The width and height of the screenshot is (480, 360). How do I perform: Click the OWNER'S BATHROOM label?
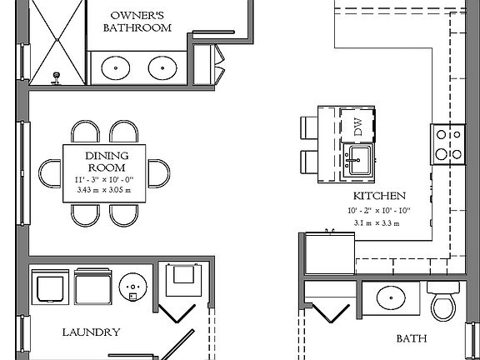pos(137,21)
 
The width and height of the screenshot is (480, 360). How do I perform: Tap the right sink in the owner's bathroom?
pos(159,66)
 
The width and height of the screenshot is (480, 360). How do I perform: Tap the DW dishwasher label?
pos(358,127)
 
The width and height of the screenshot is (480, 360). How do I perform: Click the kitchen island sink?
pos(358,161)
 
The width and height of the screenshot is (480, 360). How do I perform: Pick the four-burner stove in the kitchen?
pos(447,142)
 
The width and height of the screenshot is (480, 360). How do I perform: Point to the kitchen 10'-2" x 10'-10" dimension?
pos(378,212)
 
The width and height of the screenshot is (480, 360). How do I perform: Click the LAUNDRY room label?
pos(91,332)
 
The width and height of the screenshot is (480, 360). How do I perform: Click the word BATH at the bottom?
pos(412,339)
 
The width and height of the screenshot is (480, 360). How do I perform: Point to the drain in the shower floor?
pos(57,76)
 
